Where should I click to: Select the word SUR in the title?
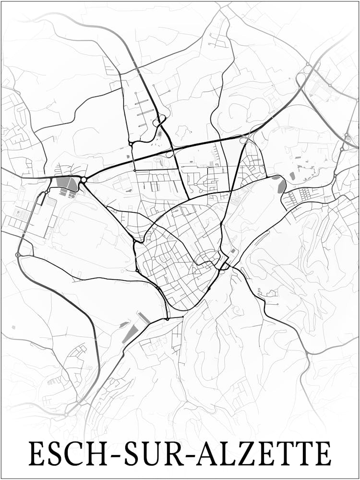click(143, 454)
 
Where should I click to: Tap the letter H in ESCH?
click(87, 454)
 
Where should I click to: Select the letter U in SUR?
click(143, 454)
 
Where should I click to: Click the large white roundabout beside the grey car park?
click(84, 180)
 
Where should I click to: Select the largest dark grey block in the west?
click(66, 184)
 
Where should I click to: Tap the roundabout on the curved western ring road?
click(18, 254)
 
